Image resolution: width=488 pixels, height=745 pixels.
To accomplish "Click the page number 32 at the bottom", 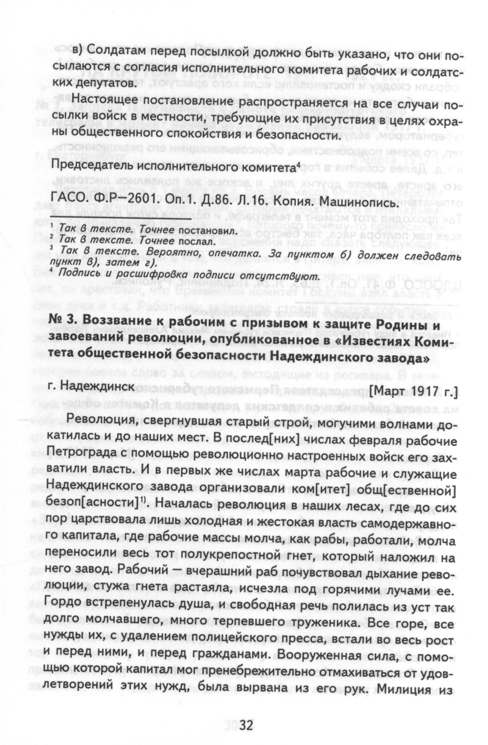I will (x=247, y=725).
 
